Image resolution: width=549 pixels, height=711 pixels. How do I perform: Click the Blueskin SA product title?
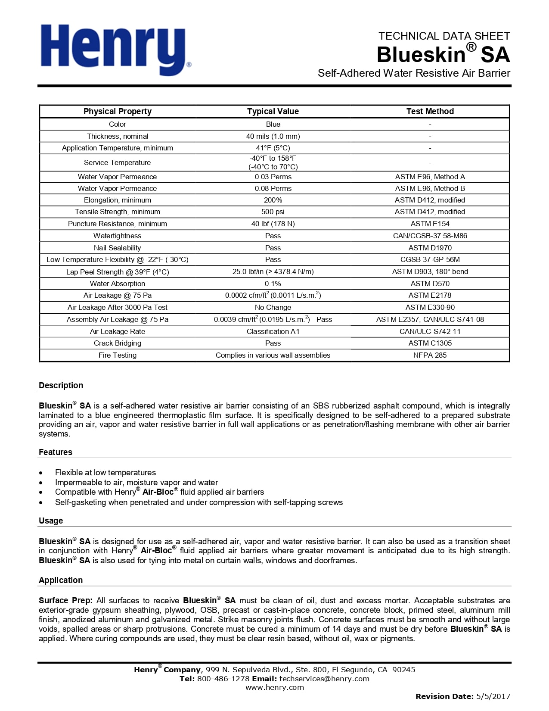(x=443, y=55)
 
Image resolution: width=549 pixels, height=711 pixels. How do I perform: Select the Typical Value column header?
(x=273, y=111)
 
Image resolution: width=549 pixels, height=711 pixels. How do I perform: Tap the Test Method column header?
(x=430, y=111)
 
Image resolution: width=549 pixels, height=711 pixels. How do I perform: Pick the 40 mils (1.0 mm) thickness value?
(x=273, y=136)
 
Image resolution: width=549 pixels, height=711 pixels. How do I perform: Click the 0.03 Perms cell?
(x=273, y=177)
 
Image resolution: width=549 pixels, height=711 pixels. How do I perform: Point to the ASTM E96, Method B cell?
(x=430, y=188)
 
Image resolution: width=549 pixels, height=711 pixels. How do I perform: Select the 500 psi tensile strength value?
(x=273, y=212)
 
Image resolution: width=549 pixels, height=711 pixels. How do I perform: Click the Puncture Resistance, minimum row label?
(x=117, y=224)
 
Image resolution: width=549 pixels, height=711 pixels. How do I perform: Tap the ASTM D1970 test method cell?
(x=430, y=248)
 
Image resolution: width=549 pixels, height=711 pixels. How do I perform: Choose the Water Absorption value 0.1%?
(x=273, y=284)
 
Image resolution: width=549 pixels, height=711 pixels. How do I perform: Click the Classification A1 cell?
(x=273, y=331)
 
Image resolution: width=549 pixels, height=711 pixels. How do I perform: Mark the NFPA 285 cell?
(x=430, y=355)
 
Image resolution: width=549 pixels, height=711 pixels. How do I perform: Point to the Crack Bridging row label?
(x=117, y=343)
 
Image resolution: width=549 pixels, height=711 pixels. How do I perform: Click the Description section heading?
(x=61, y=385)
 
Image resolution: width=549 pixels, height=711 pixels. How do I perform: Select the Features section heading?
(x=56, y=452)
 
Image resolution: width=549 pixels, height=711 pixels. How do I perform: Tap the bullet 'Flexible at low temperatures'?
(x=105, y=472)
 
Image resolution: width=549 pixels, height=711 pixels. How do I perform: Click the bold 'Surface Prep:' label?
(x=65, y=600)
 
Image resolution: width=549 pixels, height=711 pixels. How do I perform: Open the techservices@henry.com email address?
(x=324, y=679)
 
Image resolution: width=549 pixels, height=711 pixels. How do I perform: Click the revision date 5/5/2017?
(x=493, y=696)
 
